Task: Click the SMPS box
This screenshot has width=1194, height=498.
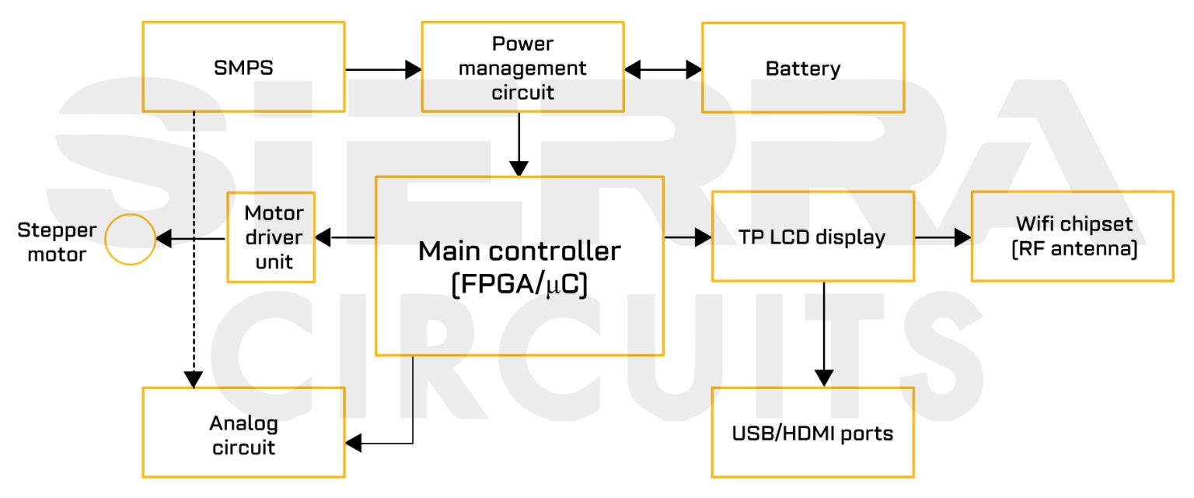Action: pyautogui.click(x=243, y=67)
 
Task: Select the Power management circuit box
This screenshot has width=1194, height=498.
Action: pyautogui.click(x=522, y=67)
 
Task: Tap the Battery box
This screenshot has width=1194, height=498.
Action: pyautogui.click(x=802, y=68)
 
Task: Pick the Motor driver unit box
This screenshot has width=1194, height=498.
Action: pyautogui.click(x=271, y=237)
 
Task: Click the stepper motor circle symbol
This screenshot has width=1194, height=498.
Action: pyautogui.click(x=130, y=240)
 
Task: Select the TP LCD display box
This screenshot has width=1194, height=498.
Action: pyautogui.click(x=812, y=237)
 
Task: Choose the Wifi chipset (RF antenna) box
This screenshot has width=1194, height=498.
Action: pyautogui.click(x=1072, y=237)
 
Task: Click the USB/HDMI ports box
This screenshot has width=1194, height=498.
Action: pyautogui.click(x=812, y=433)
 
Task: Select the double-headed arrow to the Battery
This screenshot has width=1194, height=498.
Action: pyautogui.click(x=663, y=69)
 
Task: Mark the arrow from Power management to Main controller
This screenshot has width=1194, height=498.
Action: pyautogui.click(x=518, y=144)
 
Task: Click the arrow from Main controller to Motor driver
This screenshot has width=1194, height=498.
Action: pyautogui.click(x=345, y=237)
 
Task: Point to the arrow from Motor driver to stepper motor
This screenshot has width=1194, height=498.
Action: pyautogui.click(x=191, y=237)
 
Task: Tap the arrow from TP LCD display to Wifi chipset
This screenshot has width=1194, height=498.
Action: pyautogui.click(x=942, y=237)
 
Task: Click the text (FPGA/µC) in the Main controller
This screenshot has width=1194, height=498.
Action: pyautogui.click(x=519, y=285)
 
